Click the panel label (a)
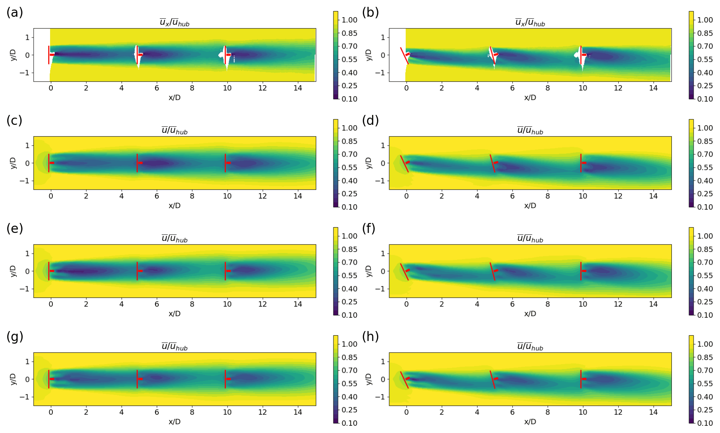[x=15, y=13]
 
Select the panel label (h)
[x=370, y=337]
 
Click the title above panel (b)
[x=530, y=23]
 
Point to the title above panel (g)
[x=174, y=347]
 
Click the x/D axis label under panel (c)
[x=174, y=205]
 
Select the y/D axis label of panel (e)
[x=13, y=271]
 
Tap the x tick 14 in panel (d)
[x=653, y=196]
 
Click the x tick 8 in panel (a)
[x=192, y=88]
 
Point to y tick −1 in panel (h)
[x=380, y=397]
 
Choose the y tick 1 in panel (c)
[x=27, y=145]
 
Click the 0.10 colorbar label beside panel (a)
[x=349, y=99]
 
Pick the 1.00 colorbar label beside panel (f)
[x=705, y=236]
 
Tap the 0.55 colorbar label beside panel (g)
[x=349, y=384]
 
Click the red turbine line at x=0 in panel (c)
[x=49, y=163]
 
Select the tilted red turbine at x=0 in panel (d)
[x=405, y=164]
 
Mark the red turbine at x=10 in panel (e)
[x=225, y=271]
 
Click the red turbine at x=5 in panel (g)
[x=137, y=379]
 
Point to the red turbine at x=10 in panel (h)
[x=581, y=379]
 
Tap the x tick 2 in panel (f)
[x=442, y=304]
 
